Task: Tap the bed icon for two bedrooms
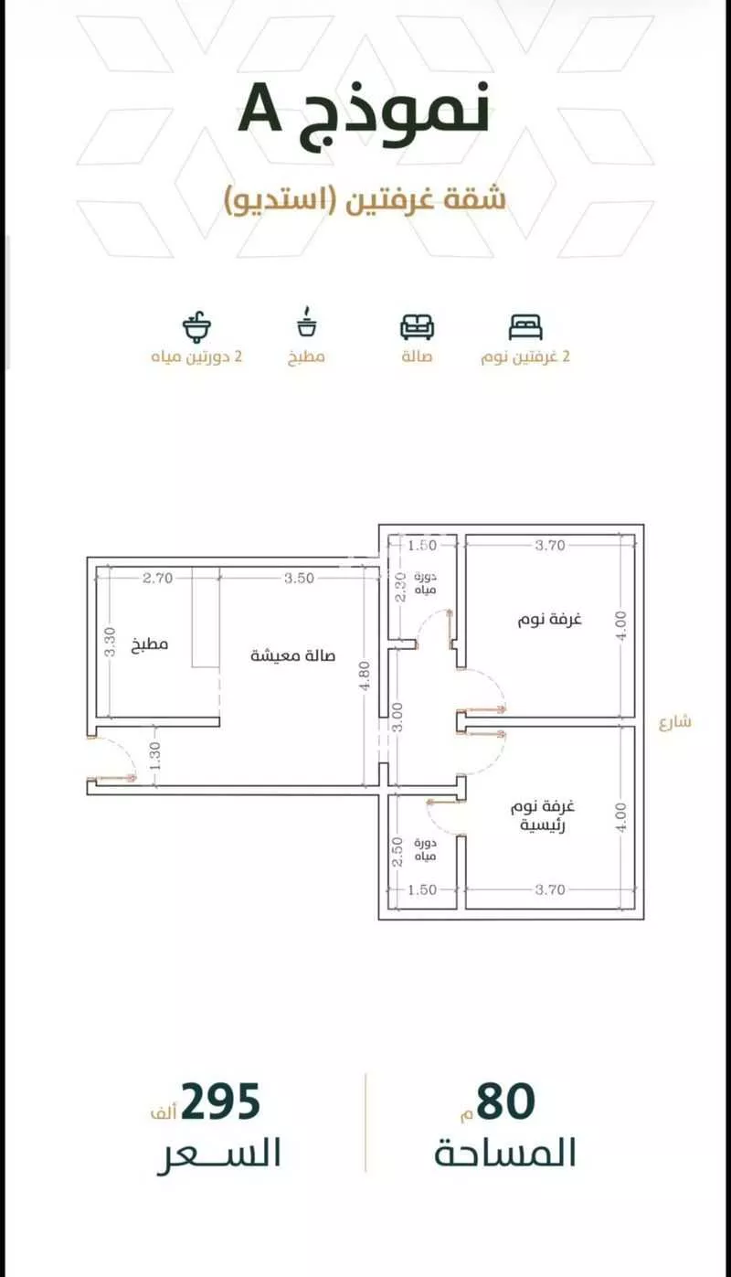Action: (525, 326)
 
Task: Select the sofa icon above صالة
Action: (417, 326)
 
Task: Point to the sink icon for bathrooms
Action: (196, 326)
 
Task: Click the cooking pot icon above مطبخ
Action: (307, 323)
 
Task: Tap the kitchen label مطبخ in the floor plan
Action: (150, 644)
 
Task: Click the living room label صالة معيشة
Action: (292, 655)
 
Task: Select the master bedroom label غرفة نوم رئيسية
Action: (543, 815)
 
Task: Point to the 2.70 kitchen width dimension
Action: (158, 578)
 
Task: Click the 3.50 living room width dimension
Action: (299, 578)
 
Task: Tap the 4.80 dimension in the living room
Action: (365, 675)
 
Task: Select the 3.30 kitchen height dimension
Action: (110, 642)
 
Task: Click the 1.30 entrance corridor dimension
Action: (155, 755)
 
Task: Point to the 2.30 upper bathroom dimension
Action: (400, 587)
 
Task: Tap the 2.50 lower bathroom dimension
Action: (398, 852)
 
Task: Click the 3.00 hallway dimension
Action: (398, 718)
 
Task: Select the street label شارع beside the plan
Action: (675, 722)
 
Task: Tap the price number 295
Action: (221, 1101)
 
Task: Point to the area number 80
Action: (506, 1101)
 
